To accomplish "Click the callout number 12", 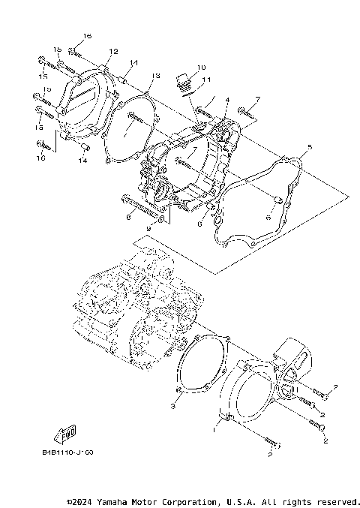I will [x=113, y=52].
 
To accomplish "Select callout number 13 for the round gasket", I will [x=155, y=77].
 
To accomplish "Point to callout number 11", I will [x=205, y=80].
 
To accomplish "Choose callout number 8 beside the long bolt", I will [x=128, y=217].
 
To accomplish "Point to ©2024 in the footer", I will [x=80, y=500].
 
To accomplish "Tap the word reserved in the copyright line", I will [x=337, y=500].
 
